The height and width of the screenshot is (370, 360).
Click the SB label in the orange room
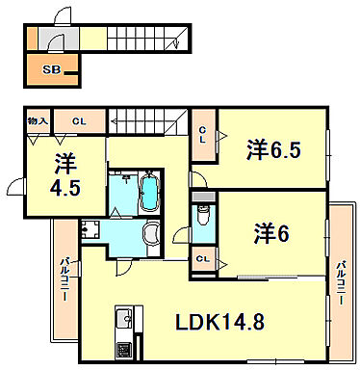[x=52, y=69]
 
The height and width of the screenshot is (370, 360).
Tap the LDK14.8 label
[x=219, y=322]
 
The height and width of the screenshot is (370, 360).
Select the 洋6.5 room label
[x=273, y=150]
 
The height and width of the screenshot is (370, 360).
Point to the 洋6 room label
[x=271, y=233]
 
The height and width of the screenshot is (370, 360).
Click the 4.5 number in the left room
[x=64, y=188]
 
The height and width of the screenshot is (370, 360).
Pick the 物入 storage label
[x=38, y=121]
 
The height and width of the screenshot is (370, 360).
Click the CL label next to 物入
[x=79, y=121]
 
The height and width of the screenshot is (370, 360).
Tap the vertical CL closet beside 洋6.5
[x=203, y=135]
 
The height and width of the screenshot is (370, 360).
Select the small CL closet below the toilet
[x=203, y=259]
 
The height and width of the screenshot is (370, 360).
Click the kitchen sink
[x=124, y=319]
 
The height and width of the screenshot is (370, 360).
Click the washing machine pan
[x=90, y=229]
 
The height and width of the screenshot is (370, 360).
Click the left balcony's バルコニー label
[x=65, y=278]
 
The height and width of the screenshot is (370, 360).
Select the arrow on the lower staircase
[x=143, y=121]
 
